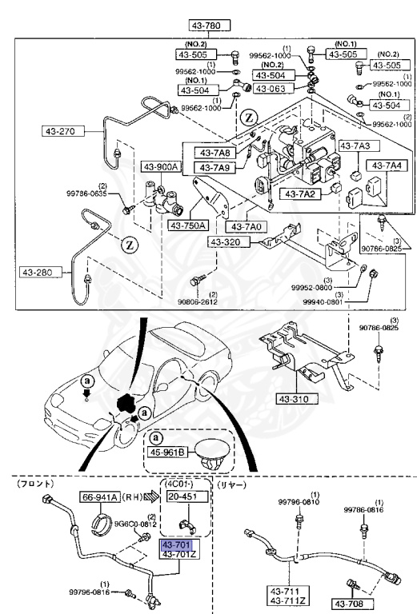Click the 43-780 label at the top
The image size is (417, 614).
(x=211, y=25)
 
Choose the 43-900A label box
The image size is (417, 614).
(x=162, y=166)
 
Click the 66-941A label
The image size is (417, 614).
(x=100, y=496)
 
